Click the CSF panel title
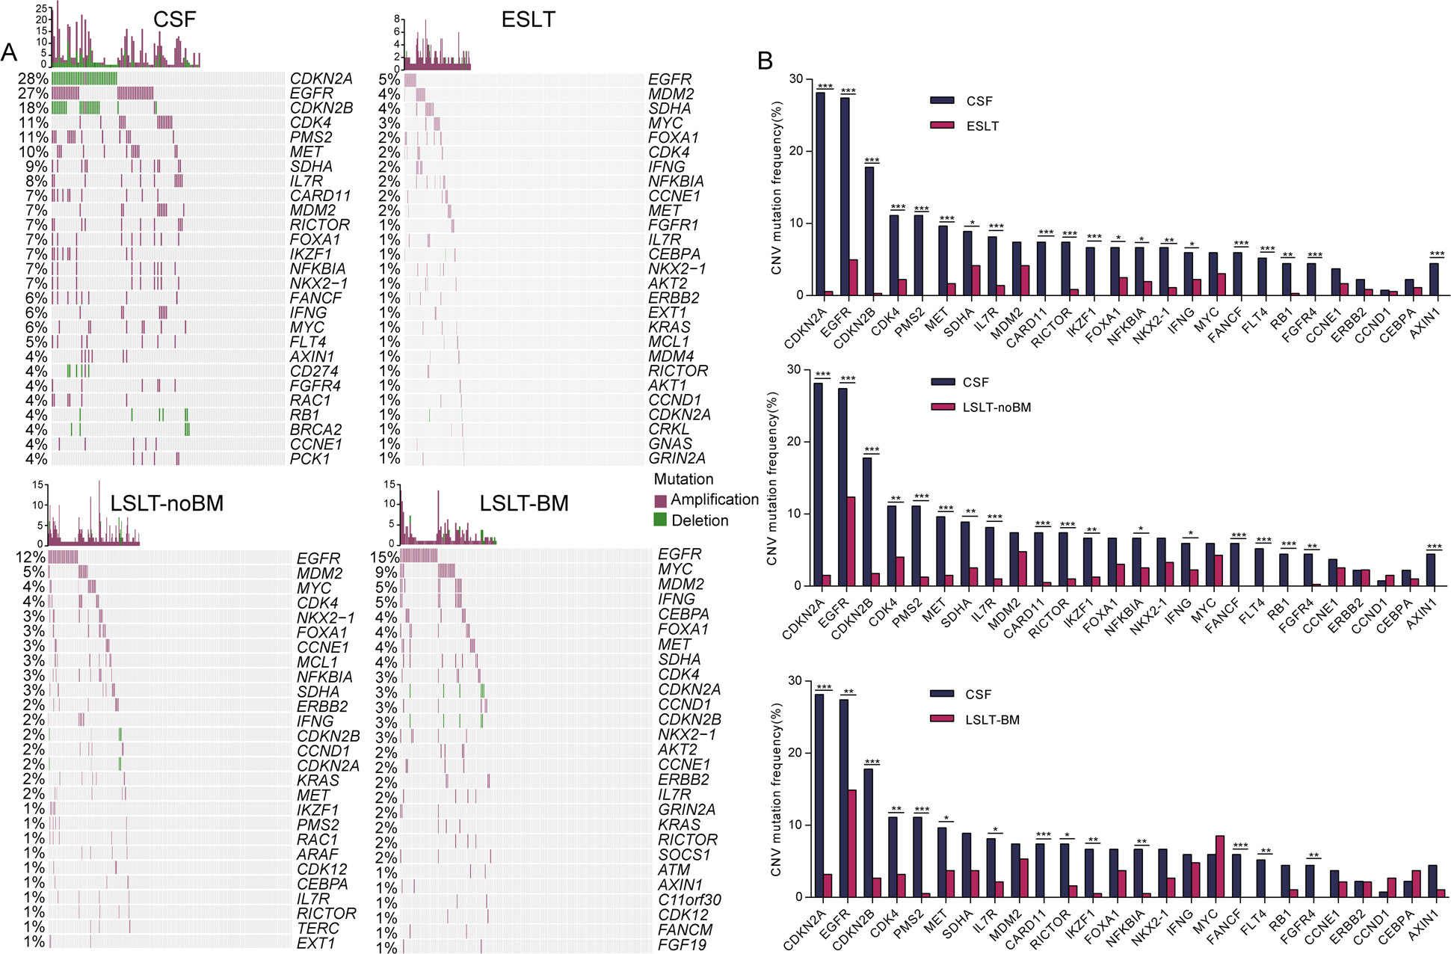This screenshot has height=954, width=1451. pos(174,19)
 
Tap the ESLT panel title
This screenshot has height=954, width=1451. pos(528,19)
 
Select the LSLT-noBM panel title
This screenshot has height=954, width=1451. pos(167,503)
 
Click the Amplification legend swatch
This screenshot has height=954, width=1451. pos(660,500)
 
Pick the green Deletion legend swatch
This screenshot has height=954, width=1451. pos(660,520)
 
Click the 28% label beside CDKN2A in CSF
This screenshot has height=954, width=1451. pos(33,79)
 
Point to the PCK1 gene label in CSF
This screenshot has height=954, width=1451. pos(309,458)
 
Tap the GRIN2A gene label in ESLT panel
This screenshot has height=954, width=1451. pos(677,458)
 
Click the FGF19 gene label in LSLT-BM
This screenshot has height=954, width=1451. pos(682,944)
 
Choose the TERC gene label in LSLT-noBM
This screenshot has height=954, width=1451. pos(318,928)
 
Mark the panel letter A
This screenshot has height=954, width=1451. pos(9,52)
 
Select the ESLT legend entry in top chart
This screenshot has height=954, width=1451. pos(982,126)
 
